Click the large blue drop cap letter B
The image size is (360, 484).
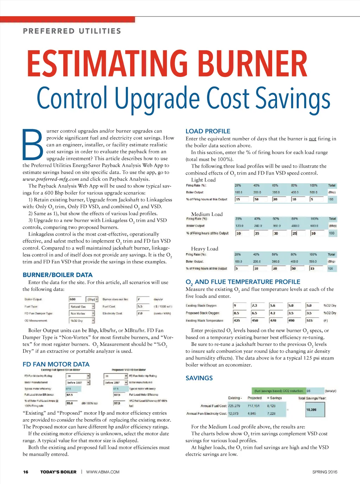tap(34, 145)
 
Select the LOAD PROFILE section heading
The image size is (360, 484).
tap(208, 131)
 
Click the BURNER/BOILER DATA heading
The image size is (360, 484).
tap(57, 275)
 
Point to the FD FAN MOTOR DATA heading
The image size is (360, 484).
tap(56, 364)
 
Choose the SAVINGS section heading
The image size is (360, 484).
tap(199, 378)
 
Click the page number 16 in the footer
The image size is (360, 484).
tap(26, 472)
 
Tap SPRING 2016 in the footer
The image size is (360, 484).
tap(324, 472)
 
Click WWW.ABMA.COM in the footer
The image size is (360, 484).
tap(103, 472)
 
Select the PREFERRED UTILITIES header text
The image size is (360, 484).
tap(72, 31)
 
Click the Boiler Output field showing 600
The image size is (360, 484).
tap(75, 299)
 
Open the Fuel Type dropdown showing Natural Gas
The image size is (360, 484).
tap(82, 306)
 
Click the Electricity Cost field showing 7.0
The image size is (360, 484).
tap(143, 313)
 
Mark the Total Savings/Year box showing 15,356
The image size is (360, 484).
tap(315, 409)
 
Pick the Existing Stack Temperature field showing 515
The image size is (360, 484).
tap(312, 320)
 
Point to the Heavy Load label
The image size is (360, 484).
tap(205, 249)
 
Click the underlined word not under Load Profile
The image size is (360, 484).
tap(313, 139)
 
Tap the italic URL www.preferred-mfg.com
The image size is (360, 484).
tap(51, 179)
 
